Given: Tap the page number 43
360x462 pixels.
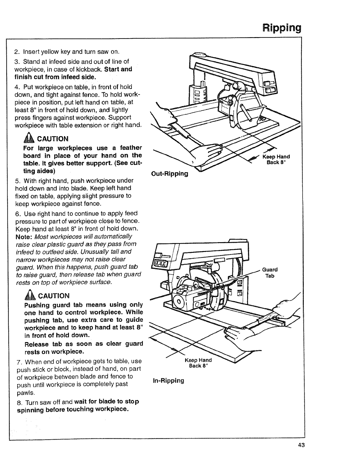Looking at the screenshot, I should [x=301, y=445].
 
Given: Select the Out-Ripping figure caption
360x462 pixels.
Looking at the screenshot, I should [x=169, y=174].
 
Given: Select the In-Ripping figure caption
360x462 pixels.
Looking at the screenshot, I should [x=168, y=380].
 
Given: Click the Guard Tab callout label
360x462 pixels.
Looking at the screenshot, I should [x=270, y=273].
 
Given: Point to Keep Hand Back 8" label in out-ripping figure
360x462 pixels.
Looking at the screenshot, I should [x=276, y=159].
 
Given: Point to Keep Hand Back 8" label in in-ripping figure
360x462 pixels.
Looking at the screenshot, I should [x=198, y=363].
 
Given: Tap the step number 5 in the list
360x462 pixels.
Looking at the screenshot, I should [x=17, y=180].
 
